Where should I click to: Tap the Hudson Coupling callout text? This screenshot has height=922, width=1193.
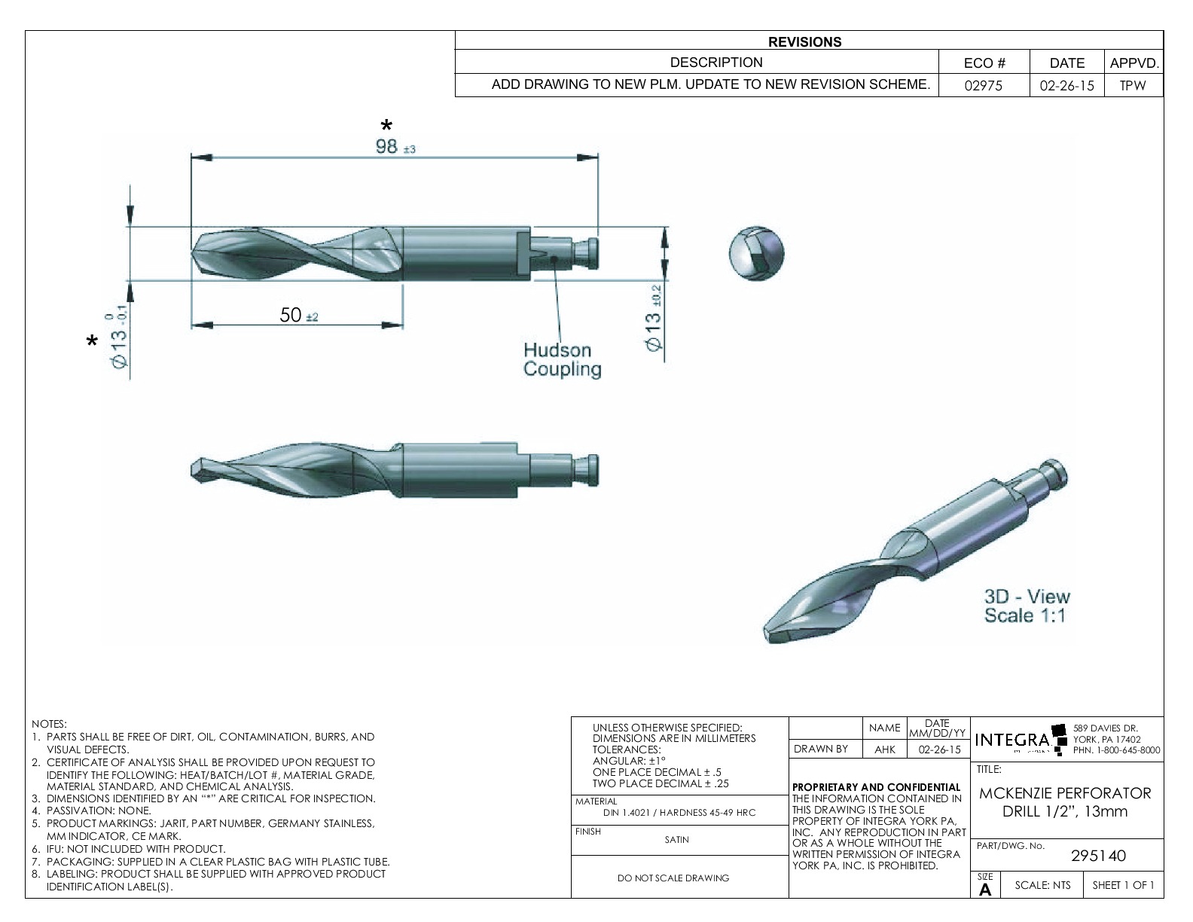point(562,359)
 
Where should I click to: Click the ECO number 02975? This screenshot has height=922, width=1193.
point(984,86)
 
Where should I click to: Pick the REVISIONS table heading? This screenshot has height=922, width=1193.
point(804,42)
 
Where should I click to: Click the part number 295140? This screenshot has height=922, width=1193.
point(1098,856)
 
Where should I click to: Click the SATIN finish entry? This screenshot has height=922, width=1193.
point(676,840)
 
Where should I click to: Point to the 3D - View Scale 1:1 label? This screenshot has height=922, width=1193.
point(1027,606)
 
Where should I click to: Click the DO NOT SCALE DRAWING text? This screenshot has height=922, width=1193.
point(674,878)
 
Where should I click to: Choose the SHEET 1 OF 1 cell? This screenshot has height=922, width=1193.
point(1122,885)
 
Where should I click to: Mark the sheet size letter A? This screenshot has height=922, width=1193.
point(984,890)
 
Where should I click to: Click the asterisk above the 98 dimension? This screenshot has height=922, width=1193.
point(386,126)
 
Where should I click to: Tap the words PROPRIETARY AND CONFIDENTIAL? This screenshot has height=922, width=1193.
point(877,787)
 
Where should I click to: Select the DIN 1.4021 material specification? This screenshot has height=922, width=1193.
point(679,813)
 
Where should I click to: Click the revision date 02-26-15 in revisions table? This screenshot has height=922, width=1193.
point(1066,86)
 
